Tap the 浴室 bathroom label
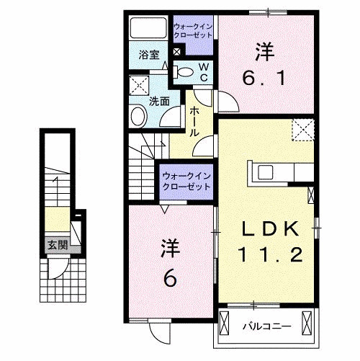point(148,53)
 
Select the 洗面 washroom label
point(159,102)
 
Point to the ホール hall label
point(195,122)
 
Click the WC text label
point(204,73)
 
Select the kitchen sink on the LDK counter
point(264,172)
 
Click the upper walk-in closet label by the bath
point(193,30)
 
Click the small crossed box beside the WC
point(178,52)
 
